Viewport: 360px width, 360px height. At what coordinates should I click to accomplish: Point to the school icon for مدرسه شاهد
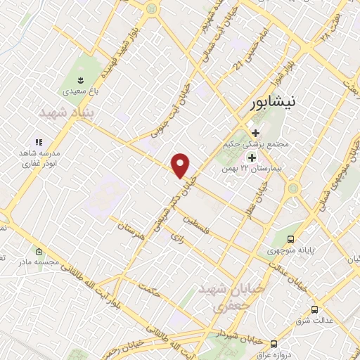tap(39, 141)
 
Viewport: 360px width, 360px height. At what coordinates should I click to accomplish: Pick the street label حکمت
tap(150, 286)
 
